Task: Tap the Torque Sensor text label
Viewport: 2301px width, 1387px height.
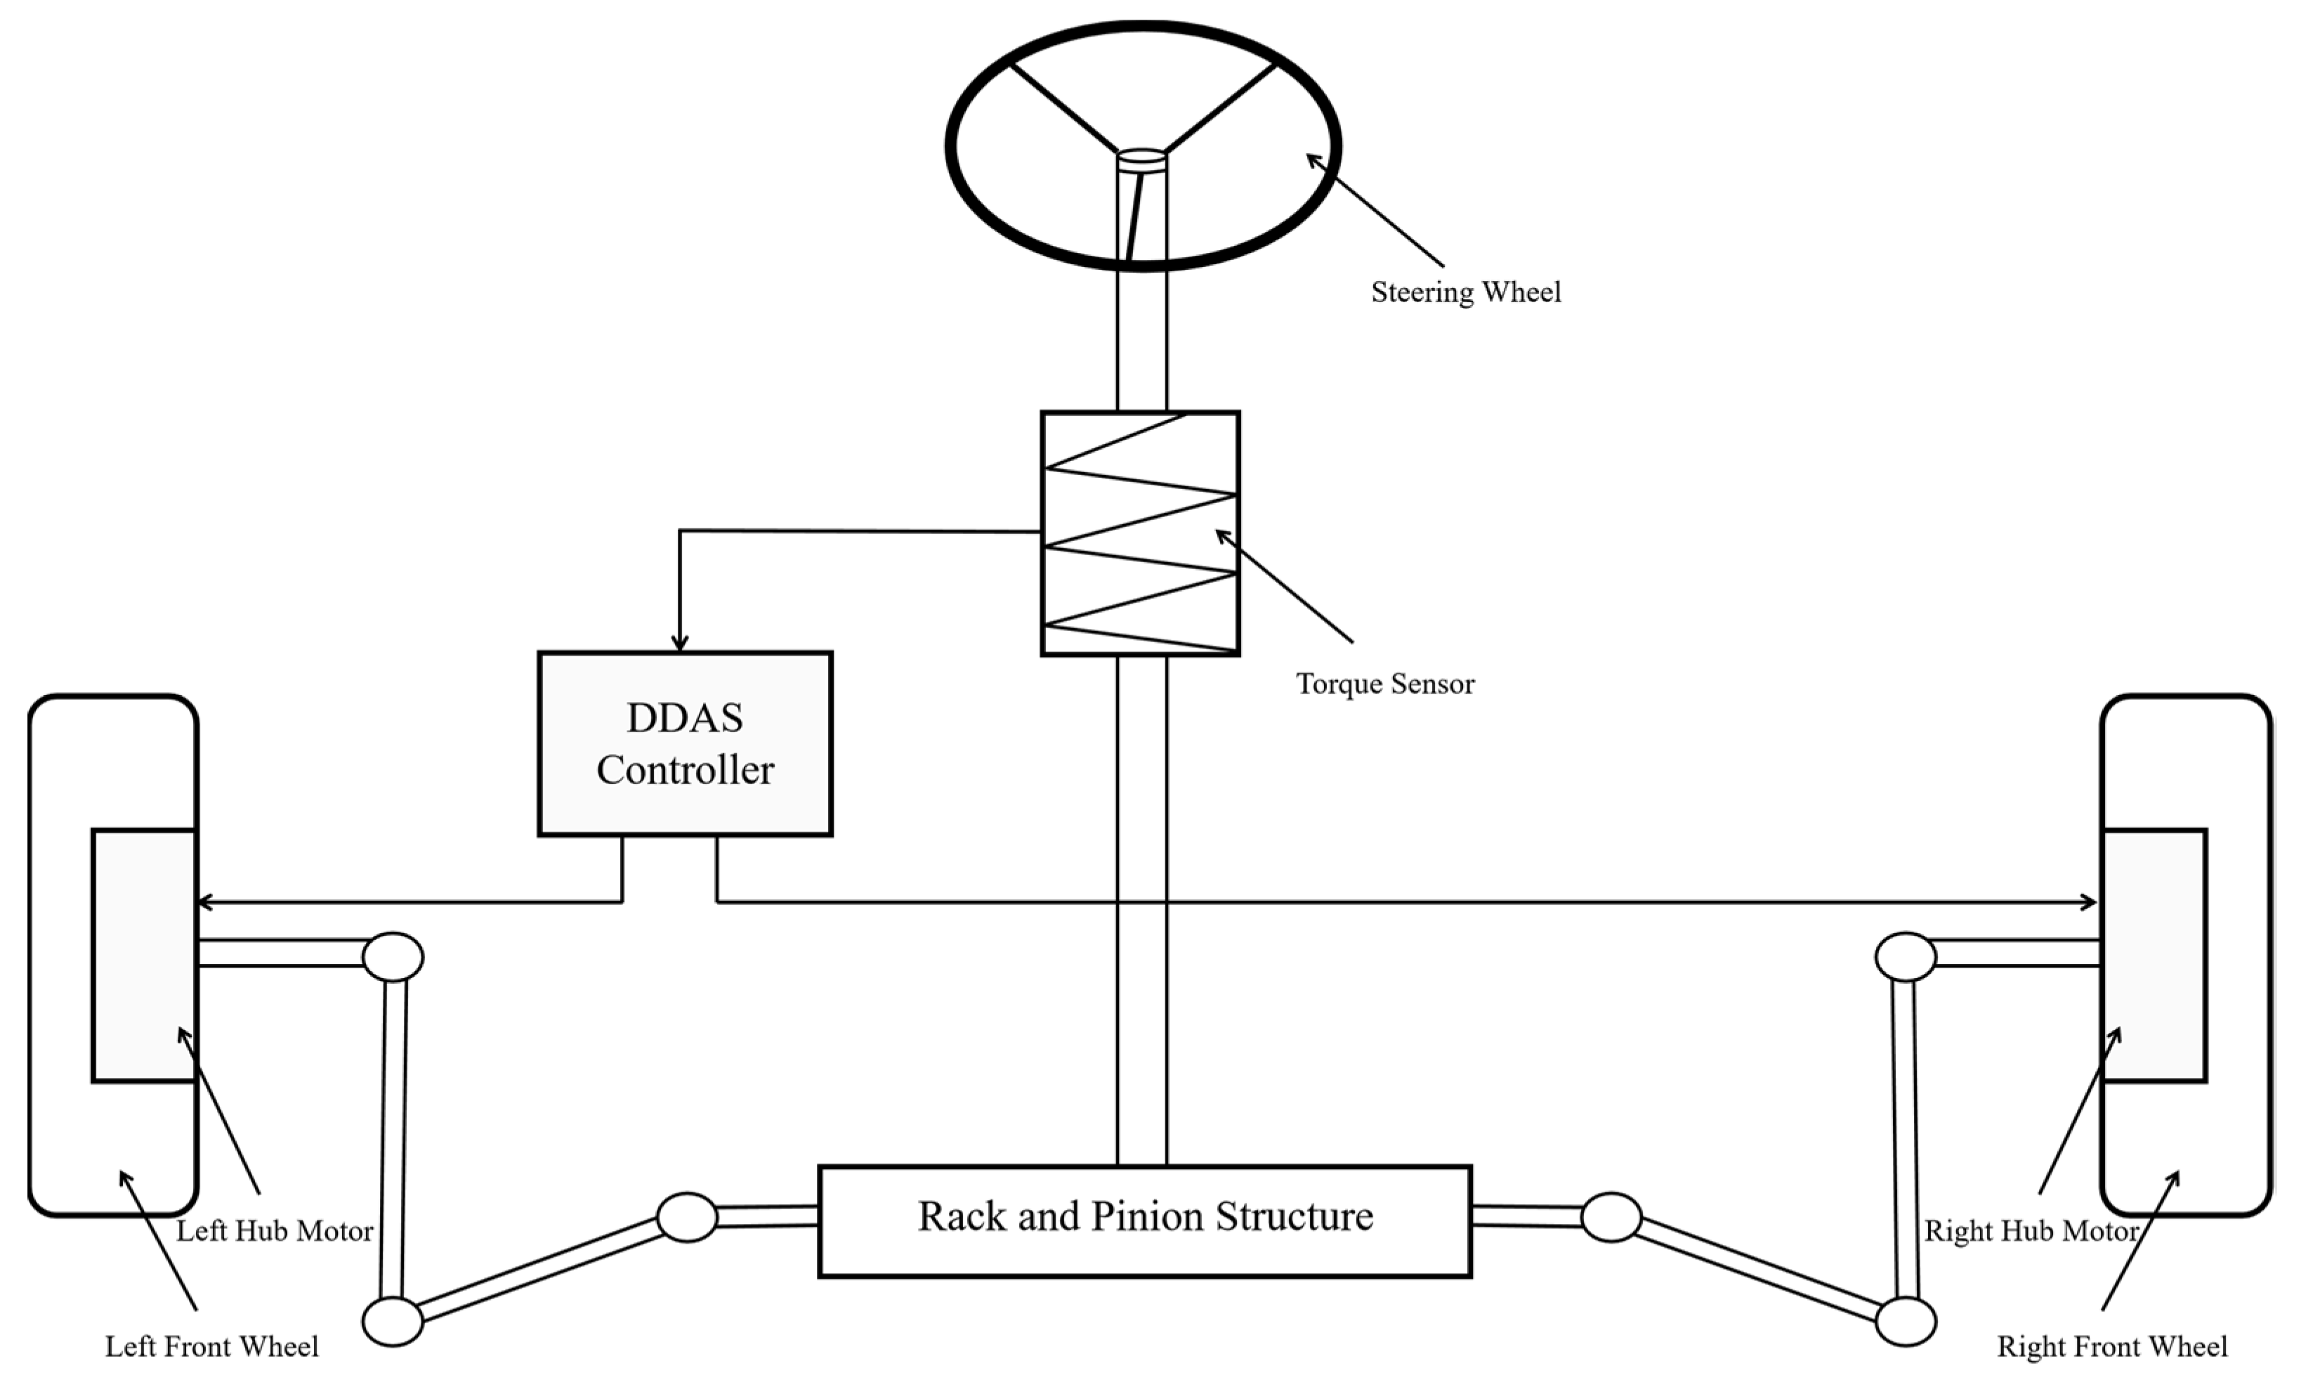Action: coord(1385,684)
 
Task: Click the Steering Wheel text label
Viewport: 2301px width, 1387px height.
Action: coord(1465,292)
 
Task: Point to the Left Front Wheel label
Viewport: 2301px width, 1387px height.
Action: coord(212,1346)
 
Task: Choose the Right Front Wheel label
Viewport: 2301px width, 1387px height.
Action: coord(2111,1346)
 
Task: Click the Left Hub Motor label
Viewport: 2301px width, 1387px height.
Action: coord(275,1230)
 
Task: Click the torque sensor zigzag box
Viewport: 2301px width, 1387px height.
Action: coord(1139,533)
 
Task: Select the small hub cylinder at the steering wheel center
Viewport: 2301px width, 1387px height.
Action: coord(1142,161)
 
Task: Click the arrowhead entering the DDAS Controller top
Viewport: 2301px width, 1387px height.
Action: coord(680,644)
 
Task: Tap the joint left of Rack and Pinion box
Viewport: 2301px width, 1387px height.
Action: coord(686,1217)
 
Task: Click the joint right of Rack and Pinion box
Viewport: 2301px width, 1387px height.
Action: coord(1611,1217)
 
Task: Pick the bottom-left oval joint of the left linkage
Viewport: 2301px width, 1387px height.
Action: coord(392,1321)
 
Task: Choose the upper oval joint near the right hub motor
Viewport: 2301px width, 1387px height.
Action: coord(1905,956)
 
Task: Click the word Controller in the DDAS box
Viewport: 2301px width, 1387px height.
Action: coord(685,769)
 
